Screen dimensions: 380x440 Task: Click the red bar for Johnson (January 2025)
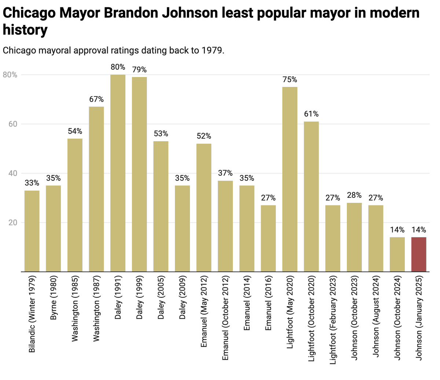point(419,255)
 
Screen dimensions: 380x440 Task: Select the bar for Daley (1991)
point(118,173)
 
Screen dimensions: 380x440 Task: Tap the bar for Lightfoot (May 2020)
point(290,179)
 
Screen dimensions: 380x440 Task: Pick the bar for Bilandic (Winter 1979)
point(32,231)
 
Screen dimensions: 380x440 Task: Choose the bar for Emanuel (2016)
point(268,238)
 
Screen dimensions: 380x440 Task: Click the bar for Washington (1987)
point(96,189)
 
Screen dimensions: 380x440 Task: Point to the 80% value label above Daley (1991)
point(118,67)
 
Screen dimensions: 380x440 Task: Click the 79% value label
point(139,70)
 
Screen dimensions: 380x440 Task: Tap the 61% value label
point(311,114)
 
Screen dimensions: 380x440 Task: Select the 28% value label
point(354,195)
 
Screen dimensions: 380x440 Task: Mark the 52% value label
point(204,136)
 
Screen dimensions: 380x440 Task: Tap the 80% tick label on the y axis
point(10,75)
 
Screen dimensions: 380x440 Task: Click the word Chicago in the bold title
point(29,14)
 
